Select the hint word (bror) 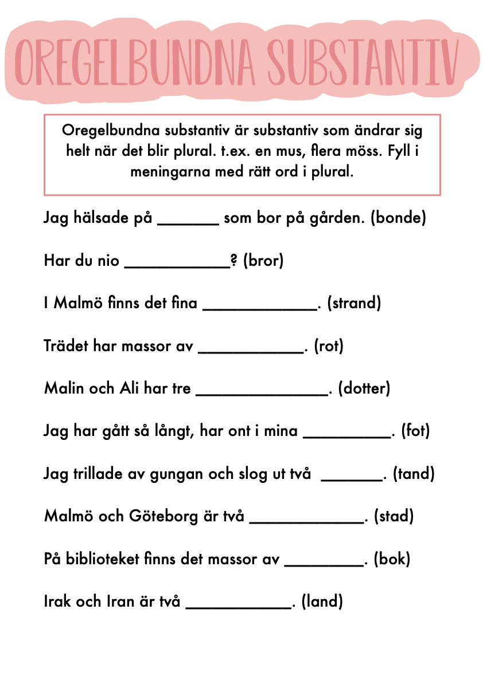263,261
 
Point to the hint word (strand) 354,303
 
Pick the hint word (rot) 329,346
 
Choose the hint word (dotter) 364,388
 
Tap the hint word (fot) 415,431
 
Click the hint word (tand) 414,474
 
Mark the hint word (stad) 394,516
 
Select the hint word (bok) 392,559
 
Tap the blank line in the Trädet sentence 250,351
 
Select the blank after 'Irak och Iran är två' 238,606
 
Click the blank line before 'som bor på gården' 188,223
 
